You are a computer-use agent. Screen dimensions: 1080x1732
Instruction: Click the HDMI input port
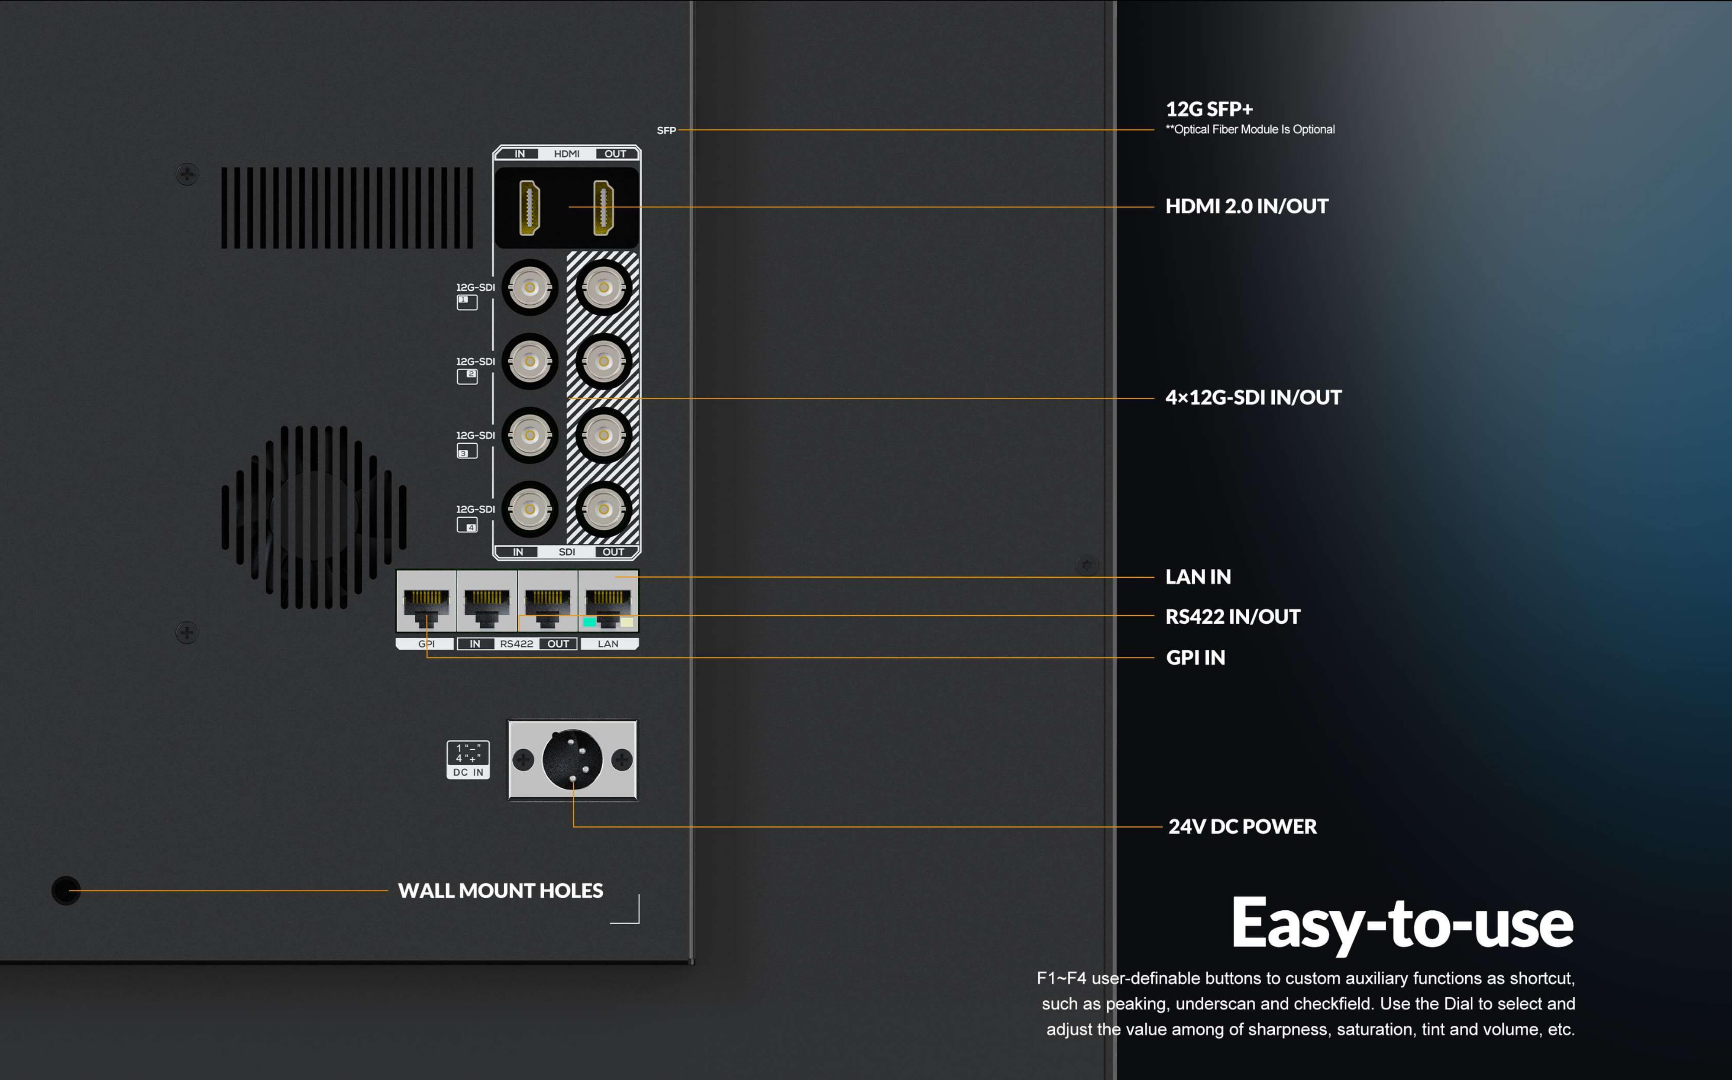(530, 208)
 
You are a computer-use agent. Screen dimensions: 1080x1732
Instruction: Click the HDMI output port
(604, 208)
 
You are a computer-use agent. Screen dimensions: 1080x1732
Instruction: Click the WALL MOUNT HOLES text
(500, 891)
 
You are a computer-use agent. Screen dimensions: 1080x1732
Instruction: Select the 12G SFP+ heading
(1209, 109)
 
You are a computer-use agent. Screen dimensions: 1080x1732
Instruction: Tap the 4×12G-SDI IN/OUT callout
(1253, 398)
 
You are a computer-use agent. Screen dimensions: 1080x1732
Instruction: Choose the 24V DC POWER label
(1242, 826)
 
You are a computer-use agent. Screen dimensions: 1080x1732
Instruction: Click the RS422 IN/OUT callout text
(1233, 616)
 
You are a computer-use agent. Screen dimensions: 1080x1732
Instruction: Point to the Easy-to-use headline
(1402, 923)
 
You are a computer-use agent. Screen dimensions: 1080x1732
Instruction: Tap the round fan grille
(314, 518)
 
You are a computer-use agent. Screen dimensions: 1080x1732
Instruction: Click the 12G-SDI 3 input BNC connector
(530, 435)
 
